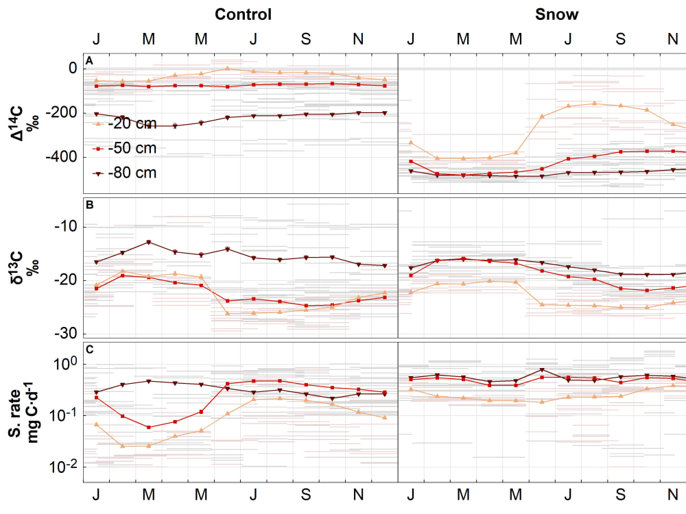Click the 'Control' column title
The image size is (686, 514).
point(243,14)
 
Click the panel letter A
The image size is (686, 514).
point(89,62)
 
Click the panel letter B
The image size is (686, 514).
point(89,204)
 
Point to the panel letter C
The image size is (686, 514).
point(89,349)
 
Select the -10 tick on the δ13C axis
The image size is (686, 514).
point(66,227)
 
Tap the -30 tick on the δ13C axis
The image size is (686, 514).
point(66,333)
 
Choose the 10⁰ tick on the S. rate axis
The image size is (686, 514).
point(63,364)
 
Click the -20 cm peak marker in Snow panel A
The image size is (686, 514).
point(594,103)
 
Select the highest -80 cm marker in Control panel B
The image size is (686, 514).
point(148,242)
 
